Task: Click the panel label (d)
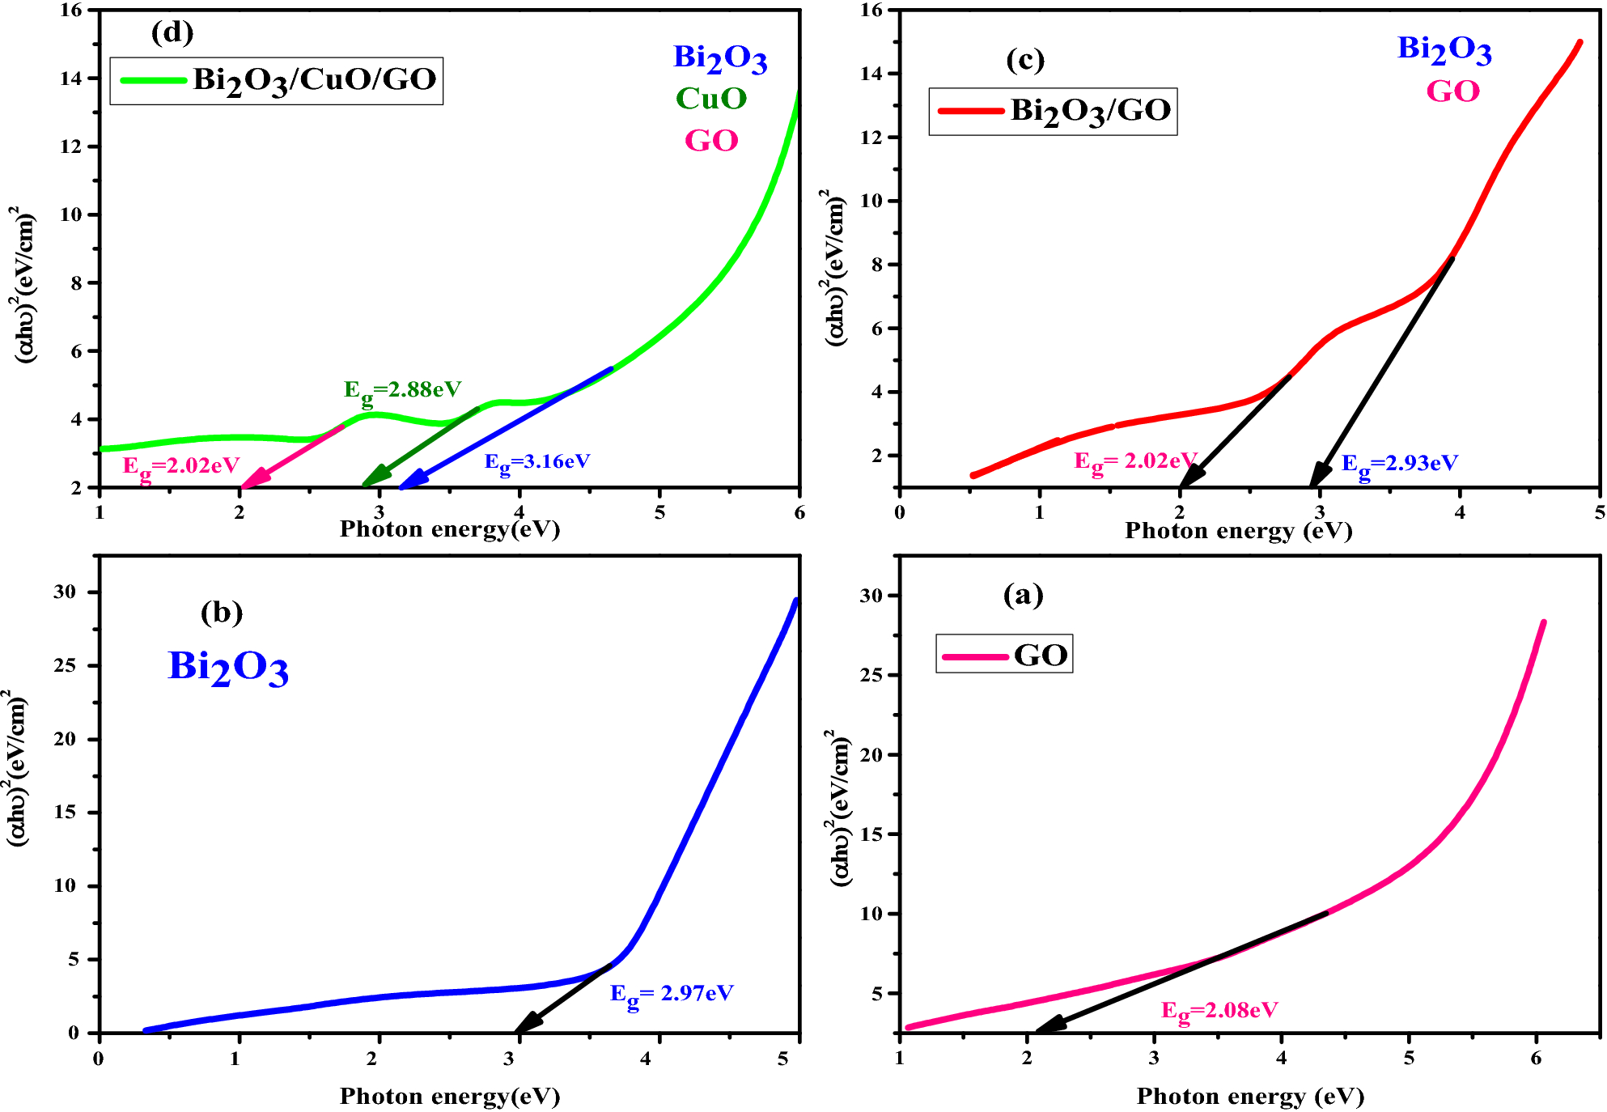tap(172, 32)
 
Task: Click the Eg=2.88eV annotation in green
tap(402, 390)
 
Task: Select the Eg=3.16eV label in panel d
tap(537, 462)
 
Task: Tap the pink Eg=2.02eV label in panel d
tap(181, 466)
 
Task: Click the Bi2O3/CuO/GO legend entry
tap(277, 80)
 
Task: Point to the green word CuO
tap(711, 99)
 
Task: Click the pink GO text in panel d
tap(711, 141)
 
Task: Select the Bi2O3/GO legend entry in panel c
tap(1053, 111)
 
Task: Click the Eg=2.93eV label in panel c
tap(1399, 464)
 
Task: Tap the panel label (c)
tap(1024, 60)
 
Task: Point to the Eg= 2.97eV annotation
tap(671, 994)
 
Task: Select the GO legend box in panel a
tap(1004, 654)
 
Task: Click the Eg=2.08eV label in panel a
tap(1219, 1011)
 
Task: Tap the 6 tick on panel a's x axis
tap(1536, 1059)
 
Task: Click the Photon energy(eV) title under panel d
tap(449, 529)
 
